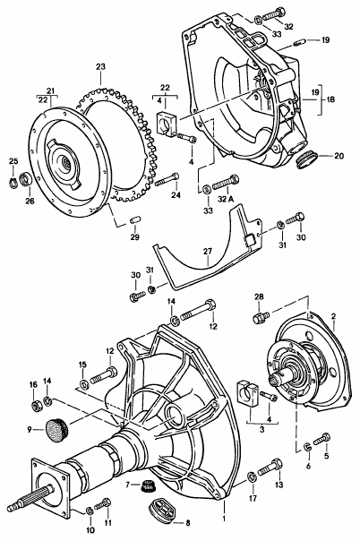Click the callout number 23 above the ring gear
(x=100, y=66)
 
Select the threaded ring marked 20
(x=306, y=160)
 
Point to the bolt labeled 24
(x=167, y=179)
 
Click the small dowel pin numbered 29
(x=135, y=219)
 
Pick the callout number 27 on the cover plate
(x=207, y=252)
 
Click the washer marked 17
(x=252, y=477)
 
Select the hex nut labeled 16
(x=35, y=406)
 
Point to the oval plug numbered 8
(x=162, y=511)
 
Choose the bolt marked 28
(x=261, y=317)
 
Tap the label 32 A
(x=226, y=199)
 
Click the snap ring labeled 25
(x=13, y=183)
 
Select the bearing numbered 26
(x=26, y=179)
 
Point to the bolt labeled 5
(x=321, y=440)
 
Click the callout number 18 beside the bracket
(x=330, y=99)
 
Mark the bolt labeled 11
(x=102, y=504)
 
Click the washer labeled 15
(x=83, y=382)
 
